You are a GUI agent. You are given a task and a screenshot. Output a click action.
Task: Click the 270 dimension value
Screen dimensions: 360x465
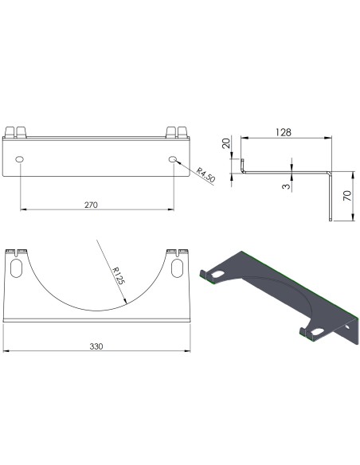coord(91,205)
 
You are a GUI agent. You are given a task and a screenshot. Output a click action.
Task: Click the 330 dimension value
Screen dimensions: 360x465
coord(96,346)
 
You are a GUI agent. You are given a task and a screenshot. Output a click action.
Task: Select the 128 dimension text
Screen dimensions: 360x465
coord(284,132)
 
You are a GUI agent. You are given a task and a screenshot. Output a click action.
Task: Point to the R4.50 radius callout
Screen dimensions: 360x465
coord(205,175)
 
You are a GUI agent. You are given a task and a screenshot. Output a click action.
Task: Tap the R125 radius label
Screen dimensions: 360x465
coord(119,275)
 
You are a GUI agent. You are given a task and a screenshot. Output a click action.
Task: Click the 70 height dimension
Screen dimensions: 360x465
coord(347,196)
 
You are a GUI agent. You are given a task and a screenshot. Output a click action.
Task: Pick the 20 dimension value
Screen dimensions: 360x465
coord(226,143)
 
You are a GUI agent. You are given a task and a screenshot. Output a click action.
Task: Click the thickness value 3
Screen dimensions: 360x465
coord(286,186)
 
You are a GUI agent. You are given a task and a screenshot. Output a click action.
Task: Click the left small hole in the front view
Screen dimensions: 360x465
coord(20,159)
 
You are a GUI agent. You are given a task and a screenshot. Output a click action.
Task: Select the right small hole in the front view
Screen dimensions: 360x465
coord(173,159)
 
